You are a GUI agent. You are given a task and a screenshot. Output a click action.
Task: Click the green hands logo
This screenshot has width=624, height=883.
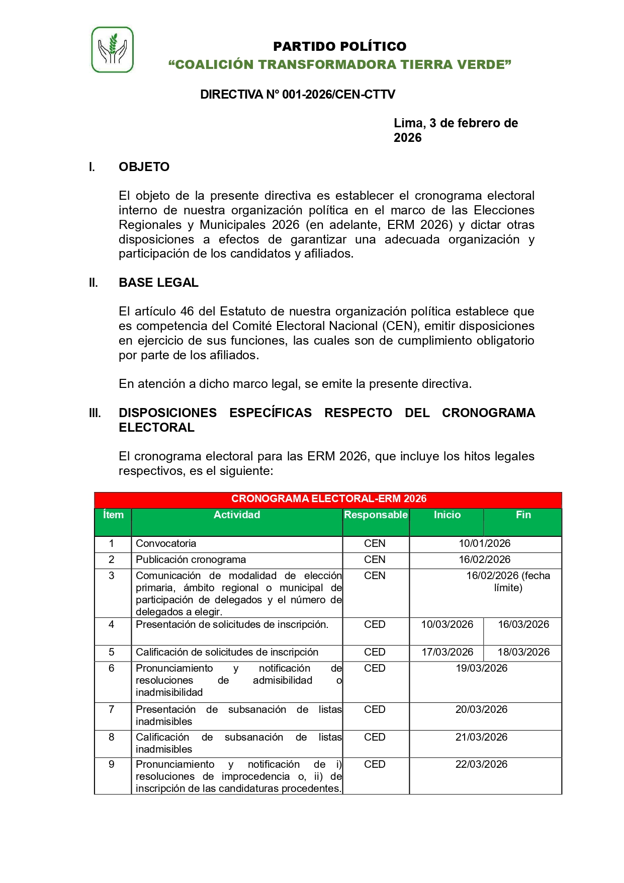coord(112,50)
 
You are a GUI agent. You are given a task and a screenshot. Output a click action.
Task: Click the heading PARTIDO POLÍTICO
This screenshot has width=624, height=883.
coord(339,46)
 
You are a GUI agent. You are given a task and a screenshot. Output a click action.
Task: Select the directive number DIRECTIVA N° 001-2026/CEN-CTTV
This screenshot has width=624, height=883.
coord(298,95)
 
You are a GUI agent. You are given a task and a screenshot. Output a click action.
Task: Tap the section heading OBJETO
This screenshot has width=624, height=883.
coord(144,167)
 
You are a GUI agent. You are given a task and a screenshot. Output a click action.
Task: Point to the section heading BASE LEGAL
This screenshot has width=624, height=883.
coord(158,283)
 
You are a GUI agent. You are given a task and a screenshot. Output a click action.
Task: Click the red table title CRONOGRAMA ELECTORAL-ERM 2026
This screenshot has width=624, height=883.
coord(328,499)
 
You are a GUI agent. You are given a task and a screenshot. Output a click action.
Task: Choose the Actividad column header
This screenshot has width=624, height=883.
coord(237,515)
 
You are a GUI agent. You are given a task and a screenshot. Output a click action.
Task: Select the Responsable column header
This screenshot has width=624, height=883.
coord(376,515)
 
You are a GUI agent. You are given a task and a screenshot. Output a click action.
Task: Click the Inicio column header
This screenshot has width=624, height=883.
coord(447,515)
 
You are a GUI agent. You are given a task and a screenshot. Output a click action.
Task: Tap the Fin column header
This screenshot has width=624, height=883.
coord(523,515)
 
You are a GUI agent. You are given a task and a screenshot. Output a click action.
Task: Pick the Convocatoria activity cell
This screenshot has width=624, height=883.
coord(166,543)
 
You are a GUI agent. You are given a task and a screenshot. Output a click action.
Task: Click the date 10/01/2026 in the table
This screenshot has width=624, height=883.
coord(484,543)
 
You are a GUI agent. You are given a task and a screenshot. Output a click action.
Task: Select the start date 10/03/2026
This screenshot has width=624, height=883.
coord(447,624)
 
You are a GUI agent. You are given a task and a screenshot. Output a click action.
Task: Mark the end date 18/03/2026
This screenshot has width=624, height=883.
coord(523,652)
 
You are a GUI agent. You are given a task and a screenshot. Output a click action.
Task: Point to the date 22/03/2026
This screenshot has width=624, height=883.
coord(481,764)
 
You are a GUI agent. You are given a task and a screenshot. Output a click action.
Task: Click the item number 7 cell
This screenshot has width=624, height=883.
coord(112,709)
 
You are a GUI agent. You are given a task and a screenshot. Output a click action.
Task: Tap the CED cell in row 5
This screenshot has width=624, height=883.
coord(375,652)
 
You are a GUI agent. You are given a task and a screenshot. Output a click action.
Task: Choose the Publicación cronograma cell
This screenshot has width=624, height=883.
coord(191,559)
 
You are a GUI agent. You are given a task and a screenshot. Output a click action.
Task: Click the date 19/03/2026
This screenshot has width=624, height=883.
coord(481,668)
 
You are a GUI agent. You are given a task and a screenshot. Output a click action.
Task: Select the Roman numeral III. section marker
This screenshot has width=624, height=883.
coord(95,413)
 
